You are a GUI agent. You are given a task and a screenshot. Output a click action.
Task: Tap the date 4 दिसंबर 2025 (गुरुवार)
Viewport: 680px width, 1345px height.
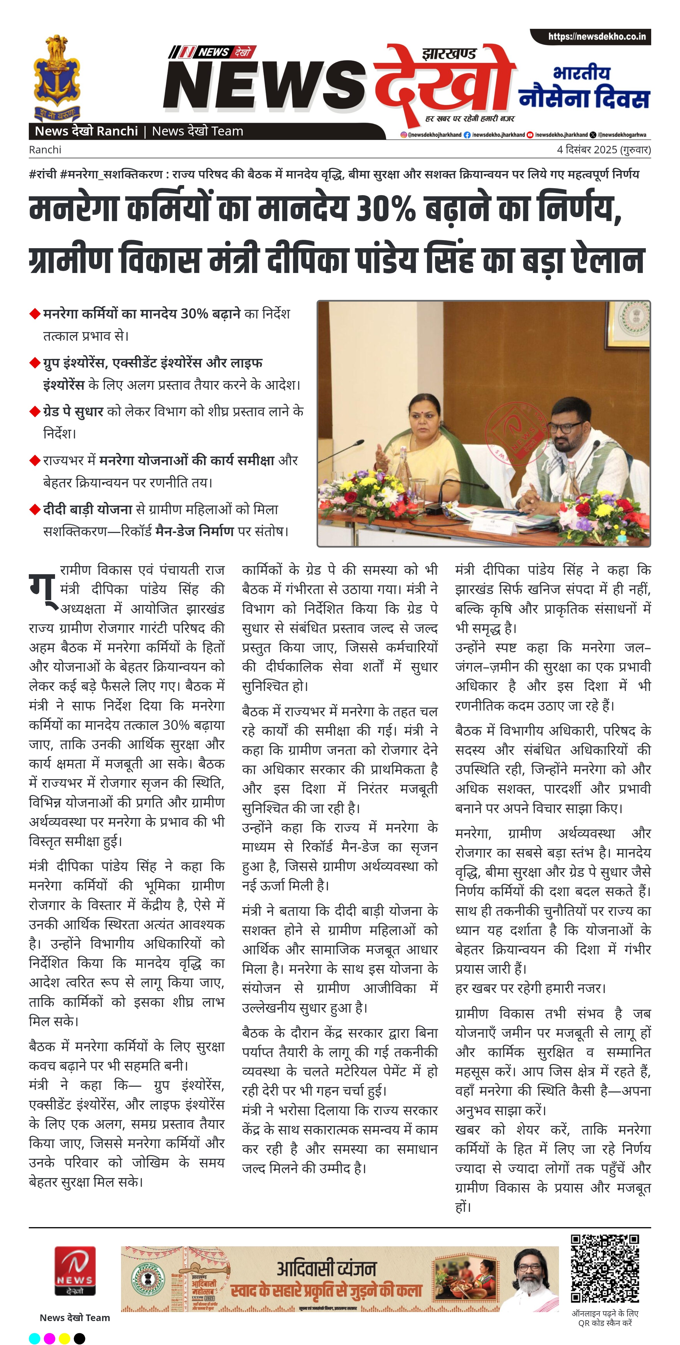(x=603, y=150)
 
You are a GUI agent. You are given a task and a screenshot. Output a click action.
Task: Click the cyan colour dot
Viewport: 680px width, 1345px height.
(x=35, y=1338)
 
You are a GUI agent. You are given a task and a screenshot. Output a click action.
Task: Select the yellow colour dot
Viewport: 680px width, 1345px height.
(x=65, y=1338)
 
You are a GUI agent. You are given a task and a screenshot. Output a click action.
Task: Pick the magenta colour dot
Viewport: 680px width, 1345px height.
(x=50, y=1338)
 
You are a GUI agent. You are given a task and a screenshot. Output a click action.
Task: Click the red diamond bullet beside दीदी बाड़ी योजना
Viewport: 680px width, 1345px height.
(x=35, y=509)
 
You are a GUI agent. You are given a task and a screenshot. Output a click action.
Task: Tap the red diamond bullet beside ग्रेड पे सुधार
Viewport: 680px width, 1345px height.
(x=35, y=411)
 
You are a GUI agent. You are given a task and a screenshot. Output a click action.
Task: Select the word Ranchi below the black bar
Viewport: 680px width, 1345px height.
(x=45, y=150)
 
